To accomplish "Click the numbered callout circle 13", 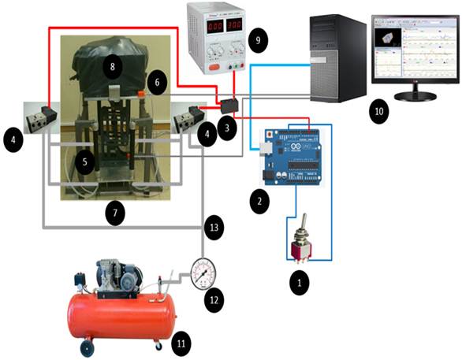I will tap(213, 228).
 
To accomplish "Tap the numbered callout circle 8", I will tap(113, 68).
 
